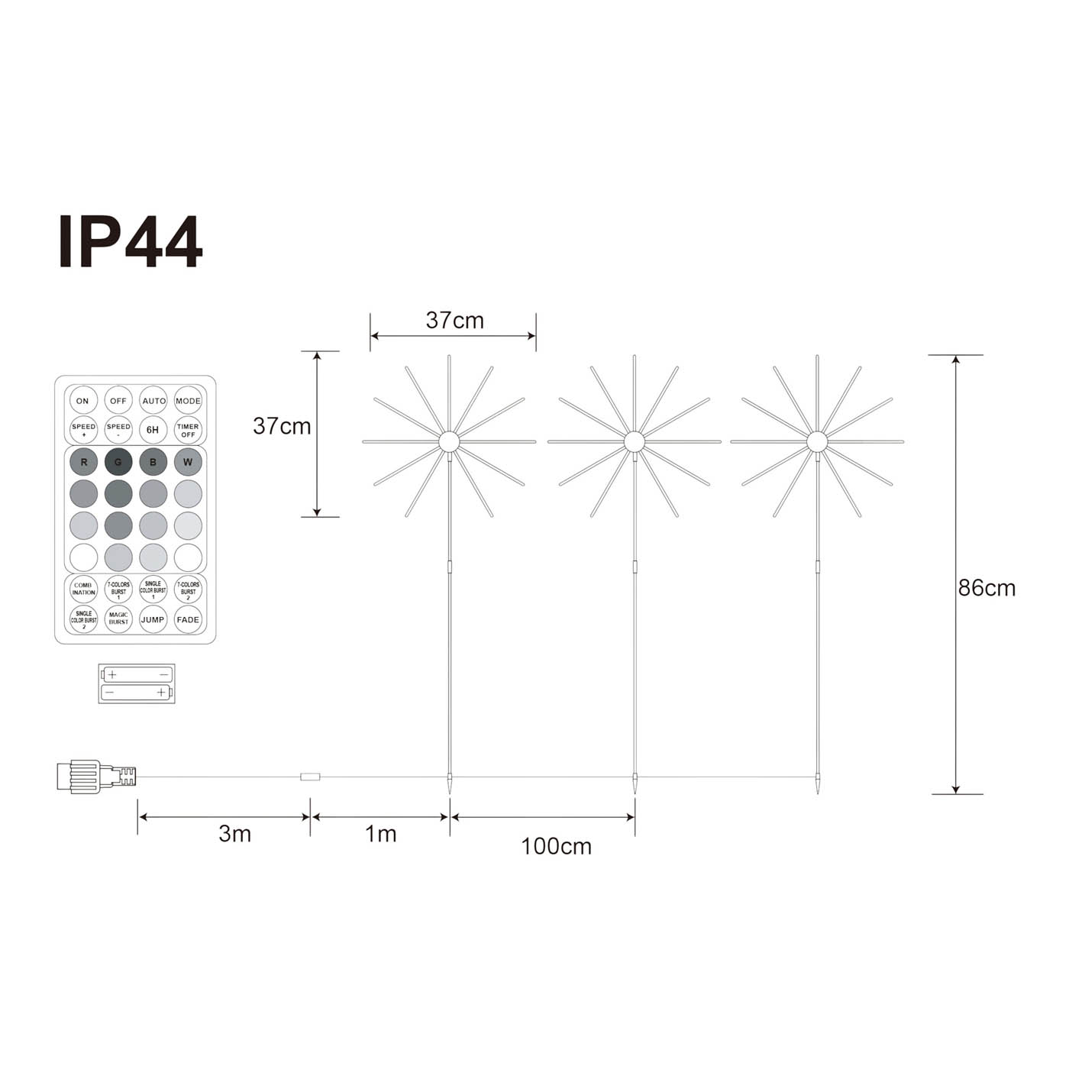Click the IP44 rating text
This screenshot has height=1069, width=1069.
(131, 242)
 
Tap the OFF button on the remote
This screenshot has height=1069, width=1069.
(118, 401)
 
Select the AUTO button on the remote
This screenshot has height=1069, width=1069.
(153, 401)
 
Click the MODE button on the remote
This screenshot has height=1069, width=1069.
(188, 401)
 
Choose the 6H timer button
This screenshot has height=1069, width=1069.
(153, 430)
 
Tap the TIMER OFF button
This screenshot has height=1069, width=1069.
(188, 430)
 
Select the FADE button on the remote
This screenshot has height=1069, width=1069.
(188, 620)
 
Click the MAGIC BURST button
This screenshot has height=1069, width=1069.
(118, 619)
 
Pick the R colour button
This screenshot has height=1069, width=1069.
(84, 462)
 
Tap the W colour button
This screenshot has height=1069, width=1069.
(188, 462)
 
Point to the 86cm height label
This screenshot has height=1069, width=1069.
(987, 588)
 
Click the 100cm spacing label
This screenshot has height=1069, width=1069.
(556, 846)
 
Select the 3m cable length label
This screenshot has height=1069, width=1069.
(234, 834)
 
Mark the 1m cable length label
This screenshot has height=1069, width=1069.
(380, 834)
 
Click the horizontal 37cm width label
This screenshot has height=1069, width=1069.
(454, 321)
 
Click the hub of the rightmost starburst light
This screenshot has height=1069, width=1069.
(817, 441)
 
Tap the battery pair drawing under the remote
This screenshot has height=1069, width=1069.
(137, 683)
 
